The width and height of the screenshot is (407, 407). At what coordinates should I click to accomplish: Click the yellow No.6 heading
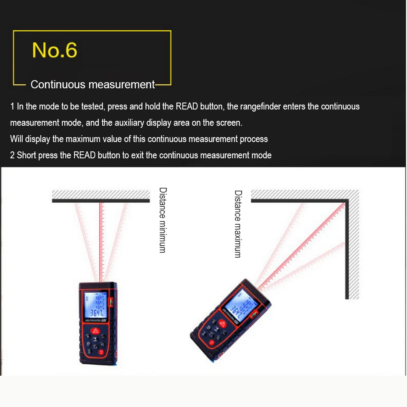pyautogui.click(x=55, y=50)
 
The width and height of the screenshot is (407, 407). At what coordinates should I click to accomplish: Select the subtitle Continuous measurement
pyautogui.click(x=93, y=85)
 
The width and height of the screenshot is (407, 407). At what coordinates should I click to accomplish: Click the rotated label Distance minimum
pyautogui.click(x=162, y=220)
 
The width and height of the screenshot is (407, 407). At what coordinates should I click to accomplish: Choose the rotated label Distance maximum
pyautogui.click(x=238, y=224)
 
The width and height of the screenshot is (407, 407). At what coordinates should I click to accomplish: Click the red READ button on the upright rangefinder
pyautogui.click(x=96, y=331)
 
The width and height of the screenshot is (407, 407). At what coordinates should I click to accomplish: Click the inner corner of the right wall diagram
pyautogui.click(x=346, y=201)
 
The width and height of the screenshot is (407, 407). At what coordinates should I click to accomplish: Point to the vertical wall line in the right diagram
pyautogui.click(x=347, y=252)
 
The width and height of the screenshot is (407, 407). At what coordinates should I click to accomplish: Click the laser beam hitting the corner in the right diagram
pyautogui.click(x=305, y=244)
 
